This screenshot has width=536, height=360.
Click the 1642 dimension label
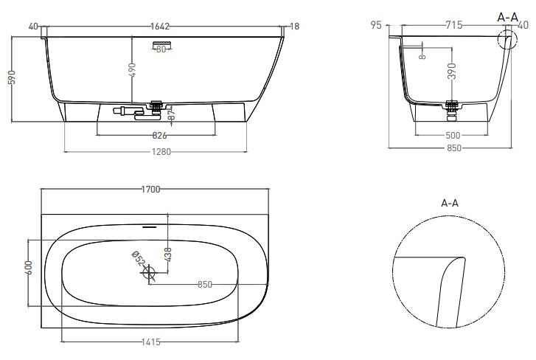160,27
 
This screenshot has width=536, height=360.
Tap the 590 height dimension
12,77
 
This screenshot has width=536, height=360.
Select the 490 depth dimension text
132,70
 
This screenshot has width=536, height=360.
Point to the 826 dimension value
159,136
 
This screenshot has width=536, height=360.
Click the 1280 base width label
161,151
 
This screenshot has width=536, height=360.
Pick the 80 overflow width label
161,49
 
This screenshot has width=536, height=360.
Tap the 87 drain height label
172,113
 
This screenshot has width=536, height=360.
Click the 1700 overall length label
150,189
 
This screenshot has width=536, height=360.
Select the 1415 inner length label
150,342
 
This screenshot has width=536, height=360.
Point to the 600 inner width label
28,268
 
